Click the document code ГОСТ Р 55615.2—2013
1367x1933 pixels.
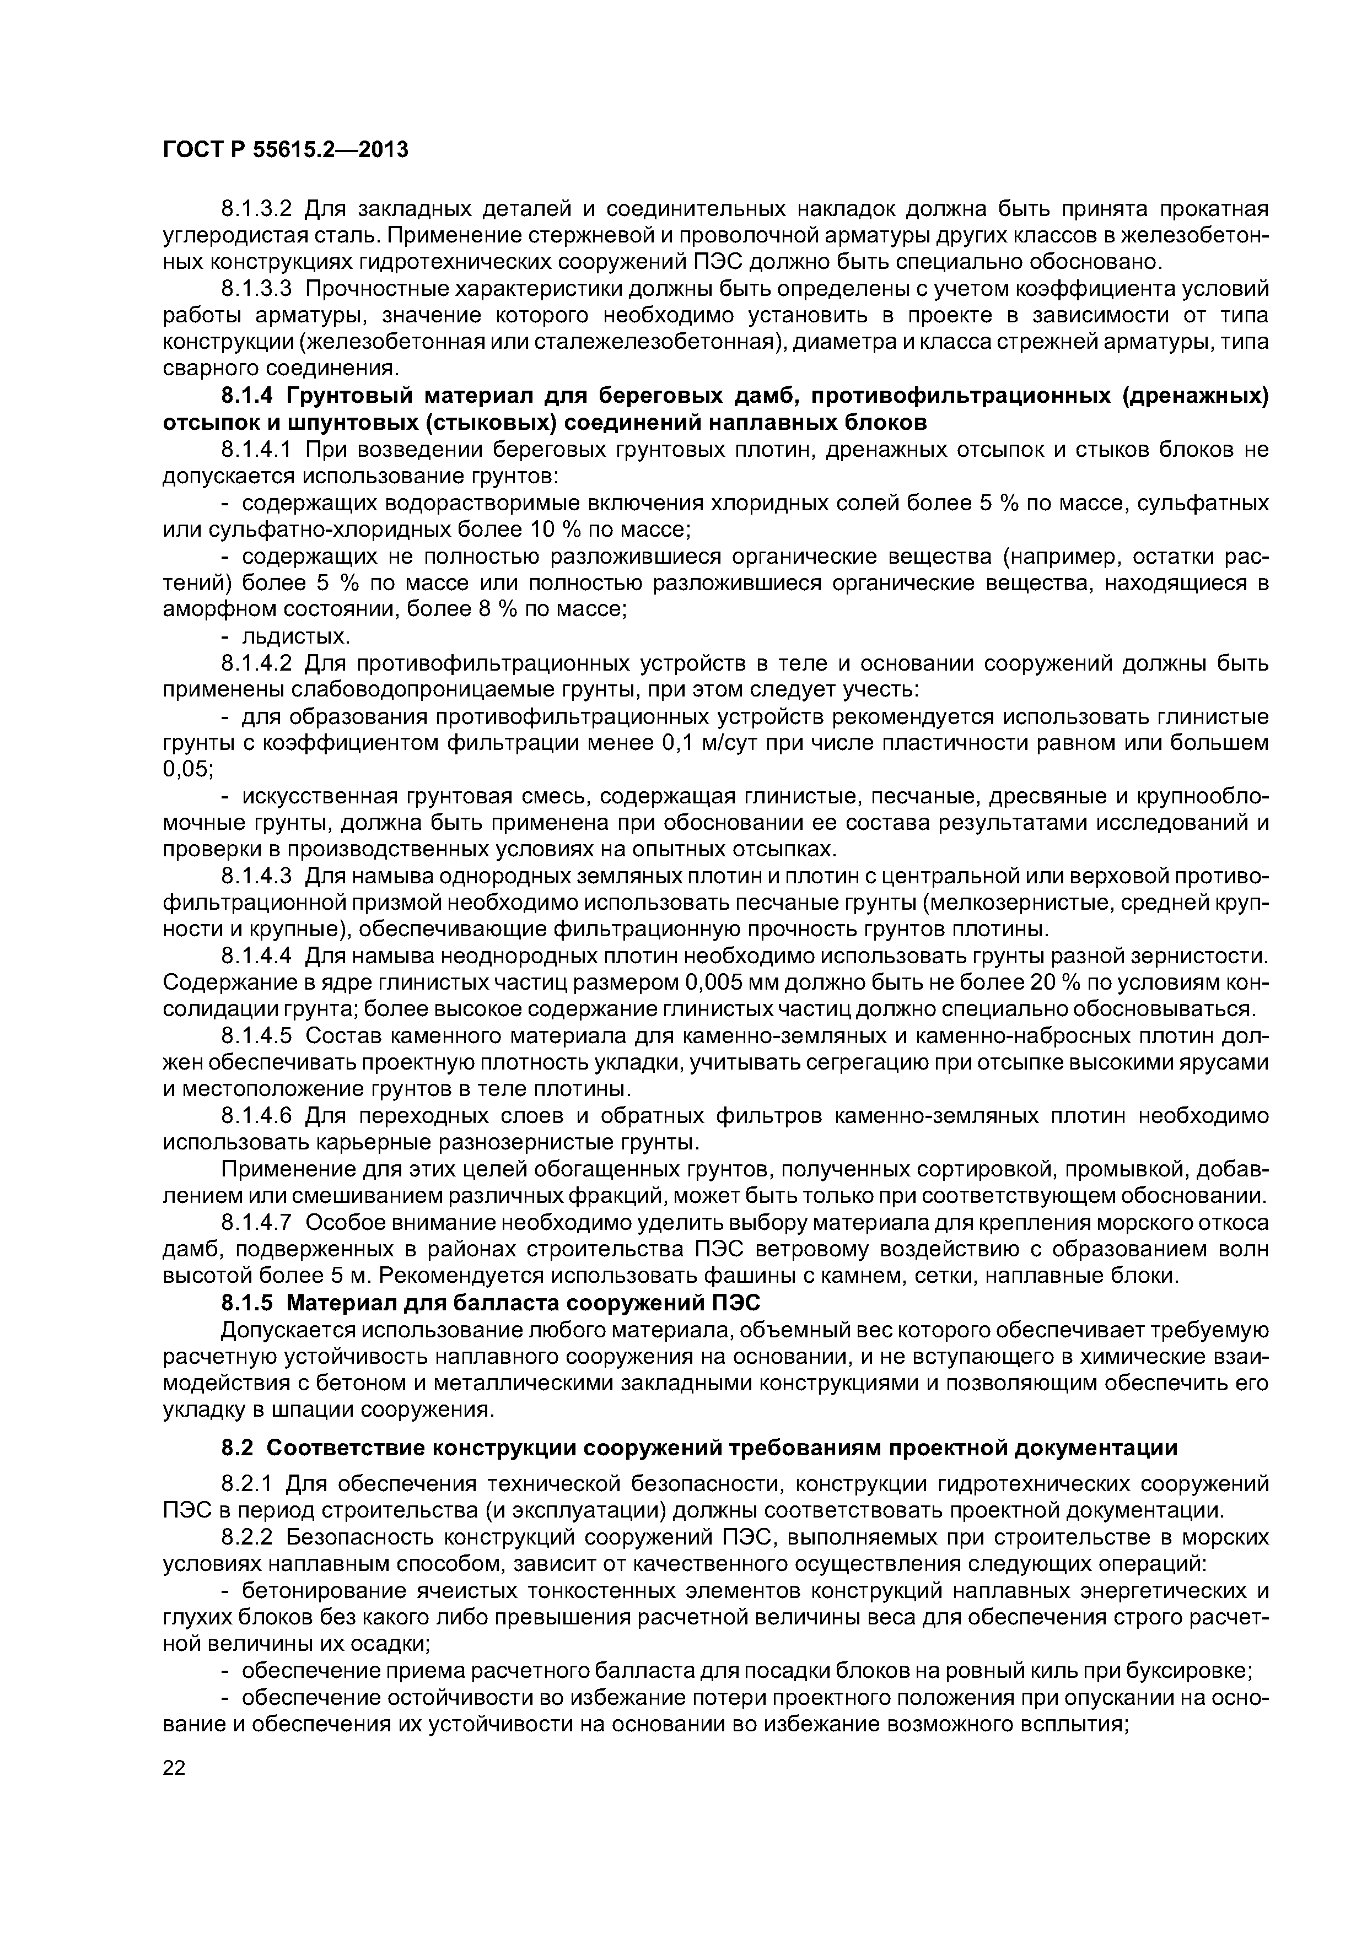pos(284,150)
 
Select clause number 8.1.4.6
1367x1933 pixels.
pos(256,1116)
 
